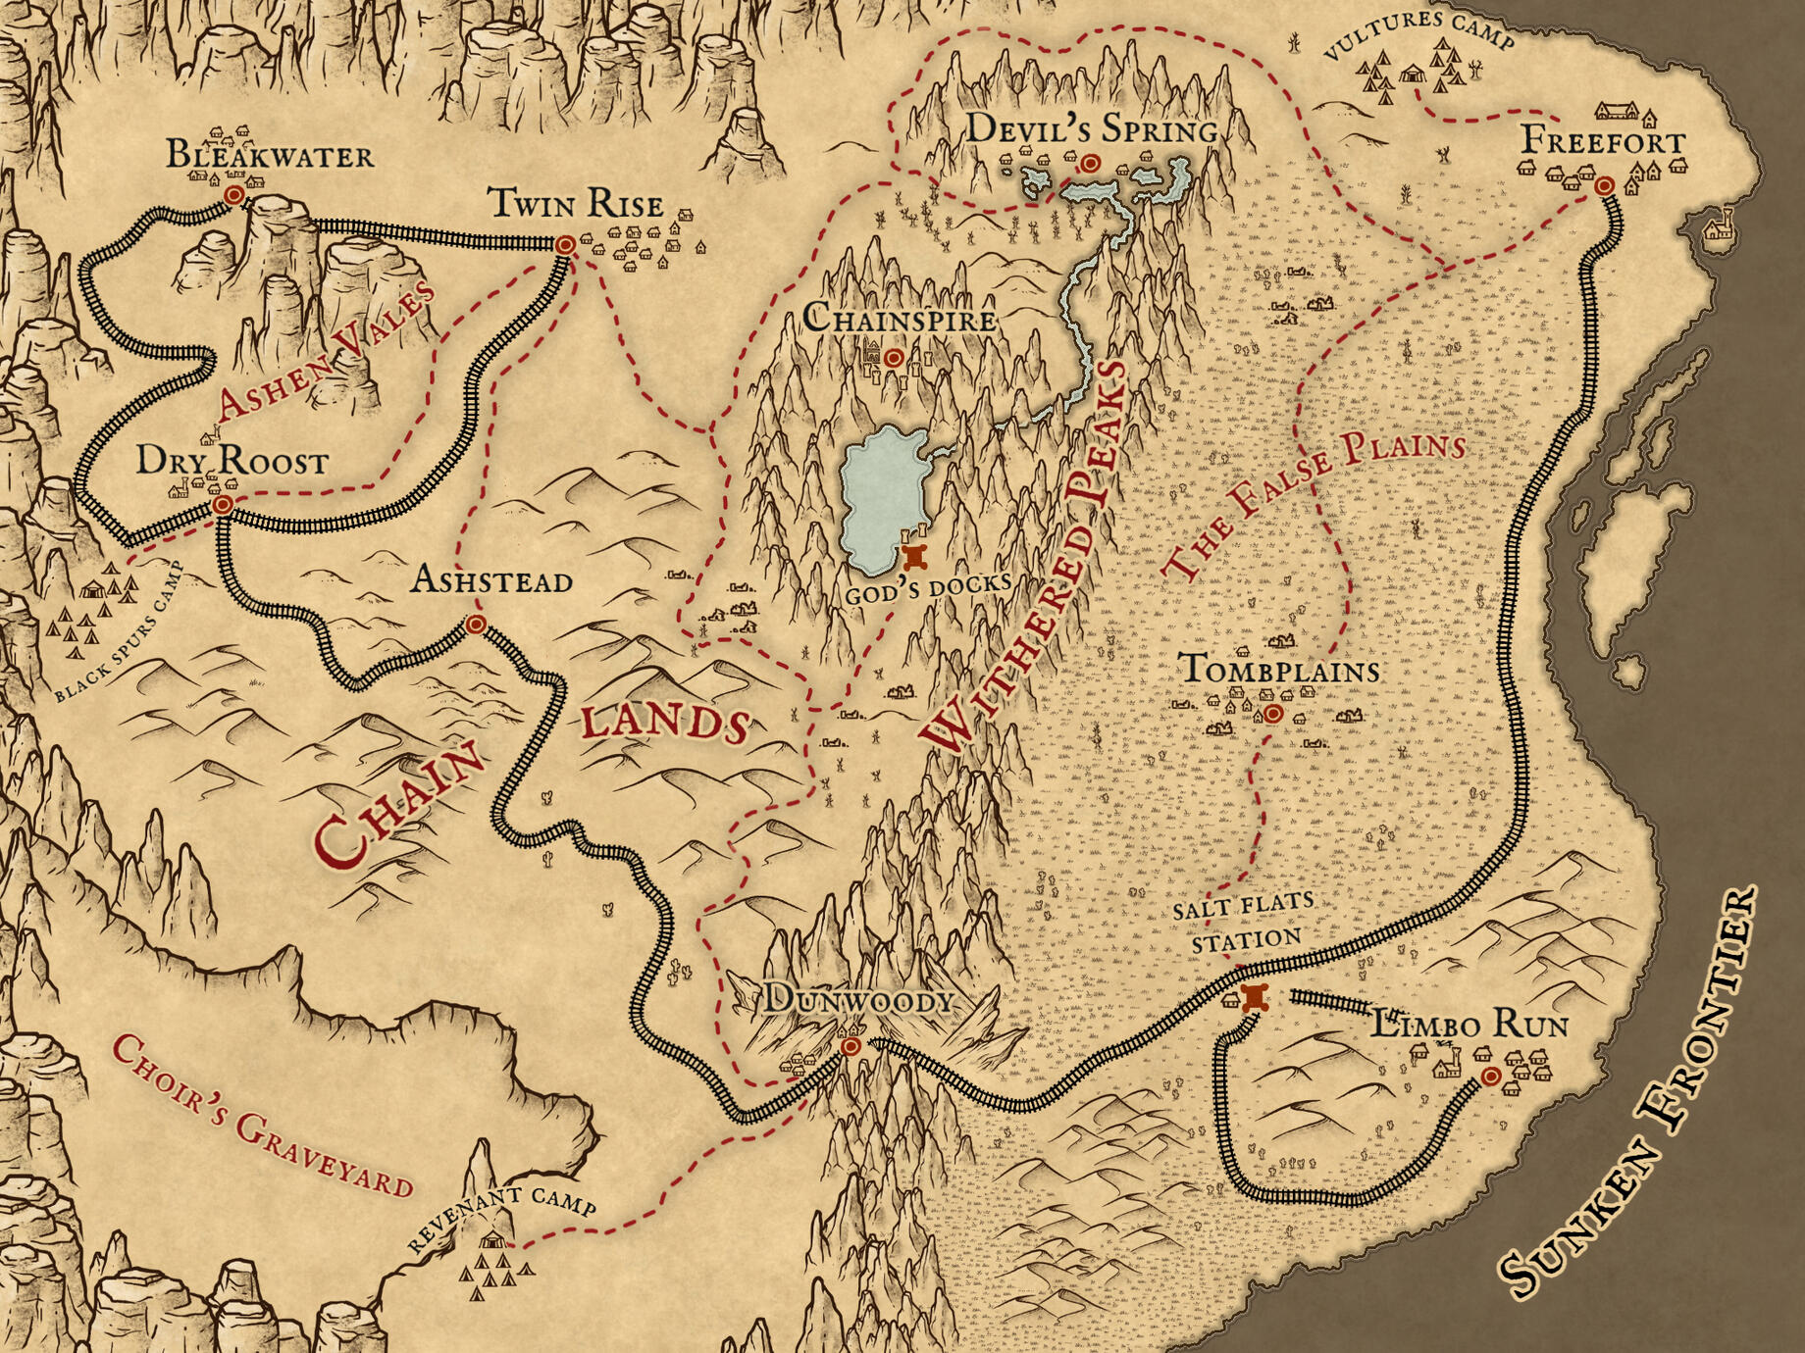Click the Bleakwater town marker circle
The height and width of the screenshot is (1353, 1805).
coord(233,195)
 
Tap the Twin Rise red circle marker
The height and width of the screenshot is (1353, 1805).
coord(565,245)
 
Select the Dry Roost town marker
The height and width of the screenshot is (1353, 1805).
coord(224,505)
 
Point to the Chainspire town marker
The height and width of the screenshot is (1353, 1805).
coord(893,359)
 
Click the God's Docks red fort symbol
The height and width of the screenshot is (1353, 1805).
coord(916,557)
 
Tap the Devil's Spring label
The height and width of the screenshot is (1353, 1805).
coord(1092,129)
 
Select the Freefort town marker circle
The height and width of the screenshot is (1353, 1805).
coord(1604,185)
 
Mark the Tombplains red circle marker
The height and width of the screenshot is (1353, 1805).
coord(1272,714)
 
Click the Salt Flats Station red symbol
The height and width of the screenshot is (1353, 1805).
coord(1255,998)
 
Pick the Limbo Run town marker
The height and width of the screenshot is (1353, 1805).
coord(1490,1077)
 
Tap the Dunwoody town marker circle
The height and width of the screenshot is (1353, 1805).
coord(851,1047)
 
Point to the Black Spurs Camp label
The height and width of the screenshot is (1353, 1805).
coord(118,633)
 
